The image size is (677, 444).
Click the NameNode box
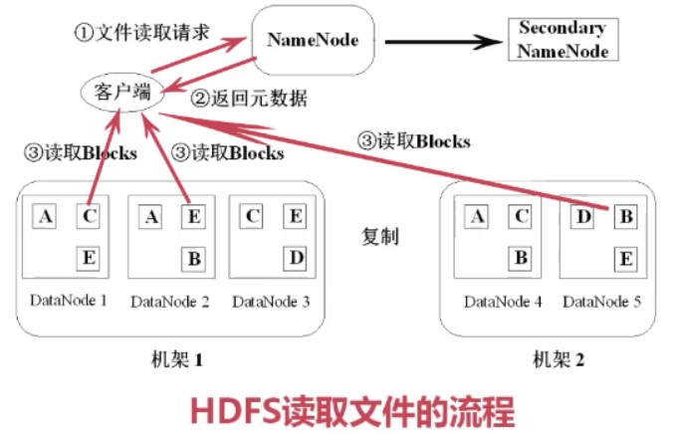point(313,41)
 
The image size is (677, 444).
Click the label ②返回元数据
point(250,99)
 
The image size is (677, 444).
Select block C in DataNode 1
point(89,215)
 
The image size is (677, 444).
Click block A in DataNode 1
point(44,215)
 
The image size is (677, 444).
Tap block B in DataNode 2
point(195,259)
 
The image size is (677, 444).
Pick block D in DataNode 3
point(296,259)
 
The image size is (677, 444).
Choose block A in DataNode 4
point(477,215)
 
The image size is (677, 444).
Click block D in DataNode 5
point(582,215)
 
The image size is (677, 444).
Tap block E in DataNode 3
point(296,215)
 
